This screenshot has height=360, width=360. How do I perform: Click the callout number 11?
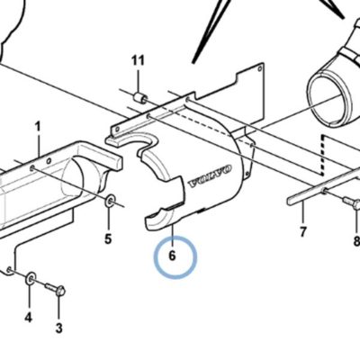tap(138, 61)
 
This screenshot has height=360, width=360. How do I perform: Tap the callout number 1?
tap(38, 126)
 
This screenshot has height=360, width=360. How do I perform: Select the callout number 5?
tap(108, 238)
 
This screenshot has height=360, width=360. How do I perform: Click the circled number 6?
tap(172, 256)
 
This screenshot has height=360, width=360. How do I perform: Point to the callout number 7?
tap(302, 231)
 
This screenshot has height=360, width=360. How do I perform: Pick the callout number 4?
tap(28, 317)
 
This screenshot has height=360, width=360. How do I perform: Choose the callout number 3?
tap(59, 328)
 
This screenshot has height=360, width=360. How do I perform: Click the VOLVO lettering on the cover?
tap(210, 176)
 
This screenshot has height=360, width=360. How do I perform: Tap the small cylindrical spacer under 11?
tap(140, 98)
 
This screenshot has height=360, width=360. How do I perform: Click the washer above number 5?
tap(110, 201)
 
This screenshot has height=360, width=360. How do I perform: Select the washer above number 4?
tap(31, 278)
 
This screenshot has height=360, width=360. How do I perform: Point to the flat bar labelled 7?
tap(323, 186)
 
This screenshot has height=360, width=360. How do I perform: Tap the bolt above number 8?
tap(352, 202)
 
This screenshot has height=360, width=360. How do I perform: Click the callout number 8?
tap(356, 241)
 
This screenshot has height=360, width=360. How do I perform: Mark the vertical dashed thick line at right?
tap(322, 155)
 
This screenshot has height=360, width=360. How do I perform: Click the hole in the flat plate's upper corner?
tap(259, 68)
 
